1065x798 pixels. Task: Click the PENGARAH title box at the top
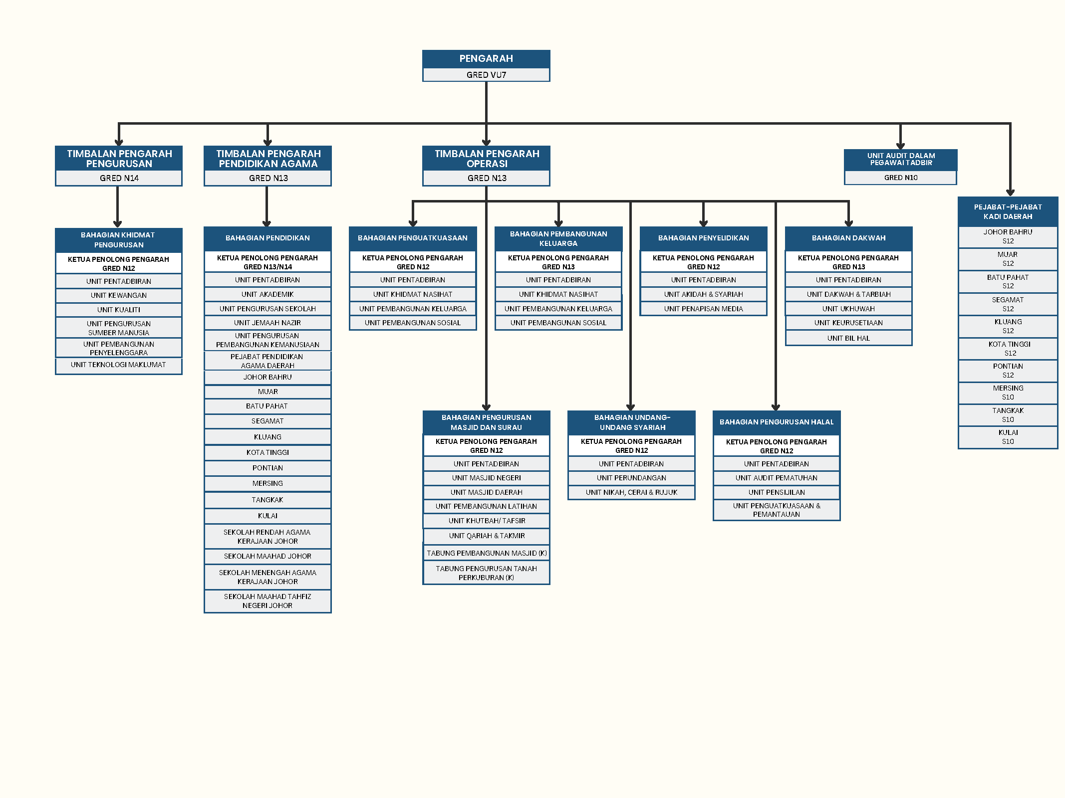pos(486,59)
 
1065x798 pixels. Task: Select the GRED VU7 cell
pos(486,75)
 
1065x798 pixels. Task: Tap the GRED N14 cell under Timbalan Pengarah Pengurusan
pos(119,178)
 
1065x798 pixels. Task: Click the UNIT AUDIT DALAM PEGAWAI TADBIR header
pos(900,160)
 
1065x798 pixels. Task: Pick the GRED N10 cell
pos(900,178)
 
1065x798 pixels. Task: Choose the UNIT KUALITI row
pos(119,310)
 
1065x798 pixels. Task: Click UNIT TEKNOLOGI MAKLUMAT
pos(119,365)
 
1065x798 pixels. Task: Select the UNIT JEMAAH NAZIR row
pos(267,323)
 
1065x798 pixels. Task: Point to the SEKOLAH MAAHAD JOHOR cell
pos(267,556)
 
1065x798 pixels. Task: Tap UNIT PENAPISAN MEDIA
pos(703,309)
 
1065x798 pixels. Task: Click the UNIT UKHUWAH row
pos(848,309)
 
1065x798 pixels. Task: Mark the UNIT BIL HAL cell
pos(848,338)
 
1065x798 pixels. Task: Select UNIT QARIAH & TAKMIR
pos(487,536)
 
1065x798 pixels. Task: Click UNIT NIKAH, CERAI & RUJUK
pos(631,492)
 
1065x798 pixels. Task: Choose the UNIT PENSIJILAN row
pos(777,492)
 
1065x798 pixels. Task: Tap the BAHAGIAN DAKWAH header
pos(848,238)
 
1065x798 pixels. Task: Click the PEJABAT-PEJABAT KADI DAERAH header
pos(1008,211)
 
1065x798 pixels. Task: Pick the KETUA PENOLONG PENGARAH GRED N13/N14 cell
pos(267,262)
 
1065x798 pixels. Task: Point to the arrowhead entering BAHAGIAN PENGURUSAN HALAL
pos(776,407)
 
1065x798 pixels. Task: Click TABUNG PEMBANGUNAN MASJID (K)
pos(487,553)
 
